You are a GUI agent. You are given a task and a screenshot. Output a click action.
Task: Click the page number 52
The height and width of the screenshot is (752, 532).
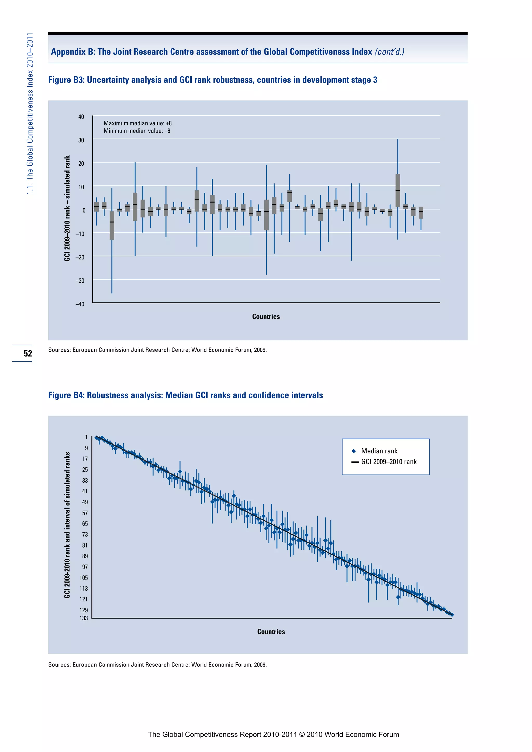click(x=28, y=353)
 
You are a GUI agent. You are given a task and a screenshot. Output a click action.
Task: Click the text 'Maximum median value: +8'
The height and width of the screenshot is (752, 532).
click(x=138, y=123)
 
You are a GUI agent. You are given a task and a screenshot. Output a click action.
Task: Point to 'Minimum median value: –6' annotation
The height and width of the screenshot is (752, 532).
click(x=137, y=131)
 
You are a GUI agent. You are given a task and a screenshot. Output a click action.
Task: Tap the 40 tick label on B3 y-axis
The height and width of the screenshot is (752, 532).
click(x=81, y=117)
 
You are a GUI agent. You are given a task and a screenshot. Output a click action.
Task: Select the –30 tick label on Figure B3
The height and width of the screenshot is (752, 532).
click(x=80, y=281)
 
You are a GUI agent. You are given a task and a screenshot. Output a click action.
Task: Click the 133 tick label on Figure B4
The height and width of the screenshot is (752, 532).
click(x=84, y=618)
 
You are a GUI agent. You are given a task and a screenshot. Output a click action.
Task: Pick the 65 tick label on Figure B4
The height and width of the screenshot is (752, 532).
click(x=85, y=524)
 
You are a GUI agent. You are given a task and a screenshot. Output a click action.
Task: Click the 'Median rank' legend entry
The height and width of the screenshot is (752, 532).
click(x=379, y=451)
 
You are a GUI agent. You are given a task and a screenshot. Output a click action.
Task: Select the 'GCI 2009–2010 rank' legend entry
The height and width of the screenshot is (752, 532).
click(x=389, y=462)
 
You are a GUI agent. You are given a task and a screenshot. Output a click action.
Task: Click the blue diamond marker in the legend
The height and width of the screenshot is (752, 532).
click(x=354, y=451)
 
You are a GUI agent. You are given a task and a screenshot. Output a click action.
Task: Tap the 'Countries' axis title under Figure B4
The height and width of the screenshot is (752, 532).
click(x=271, y=632)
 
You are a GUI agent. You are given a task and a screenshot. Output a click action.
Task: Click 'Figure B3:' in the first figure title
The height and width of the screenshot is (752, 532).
click(x=66, y=80)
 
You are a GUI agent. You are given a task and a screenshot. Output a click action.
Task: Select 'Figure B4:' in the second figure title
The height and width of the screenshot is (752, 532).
click(x=66, y=395)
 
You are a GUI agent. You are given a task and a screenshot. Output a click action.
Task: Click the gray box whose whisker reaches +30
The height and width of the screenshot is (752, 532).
click(x=398, y=190)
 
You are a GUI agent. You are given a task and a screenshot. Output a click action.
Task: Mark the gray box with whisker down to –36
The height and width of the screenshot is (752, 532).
click(x=112, y=225)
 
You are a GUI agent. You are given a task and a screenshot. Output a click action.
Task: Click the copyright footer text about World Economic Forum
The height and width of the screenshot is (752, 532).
click(x=273, y=734)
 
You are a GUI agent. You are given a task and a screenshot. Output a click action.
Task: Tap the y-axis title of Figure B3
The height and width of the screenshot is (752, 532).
click(x=67, y=208)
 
